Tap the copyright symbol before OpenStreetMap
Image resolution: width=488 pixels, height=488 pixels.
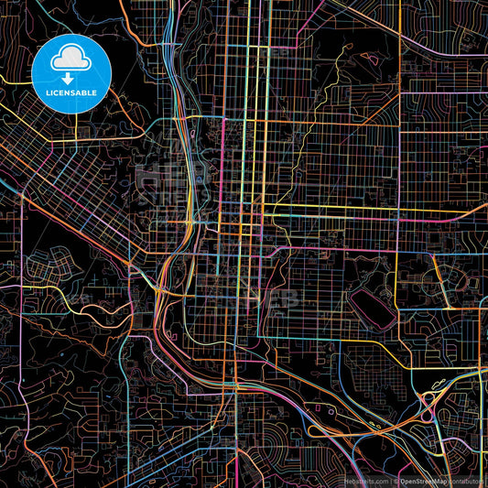396,480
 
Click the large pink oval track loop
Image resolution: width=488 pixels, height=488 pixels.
371,302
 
